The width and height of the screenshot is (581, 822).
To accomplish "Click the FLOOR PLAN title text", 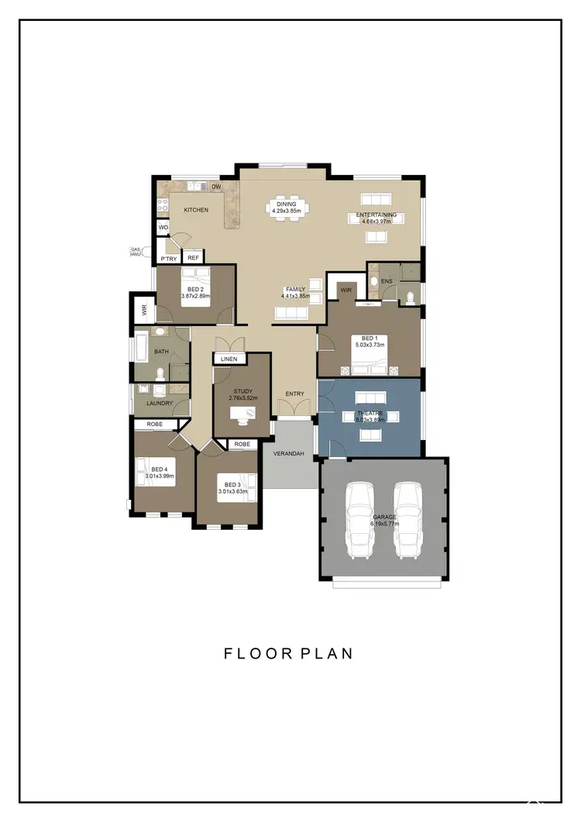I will (x=289, y=653).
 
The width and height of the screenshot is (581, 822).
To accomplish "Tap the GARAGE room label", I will (x=384, y=517).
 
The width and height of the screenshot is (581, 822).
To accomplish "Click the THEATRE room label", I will (x=370, y=414).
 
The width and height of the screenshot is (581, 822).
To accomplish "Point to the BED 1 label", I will (x=370, y=338).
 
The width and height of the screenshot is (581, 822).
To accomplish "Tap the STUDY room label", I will (x=242, y=391).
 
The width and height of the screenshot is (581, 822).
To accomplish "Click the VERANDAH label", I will (x=288, y=453).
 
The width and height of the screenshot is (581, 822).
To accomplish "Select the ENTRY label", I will (x=294, y=394).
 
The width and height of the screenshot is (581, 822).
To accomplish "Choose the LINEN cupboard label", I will (x=229, y=359).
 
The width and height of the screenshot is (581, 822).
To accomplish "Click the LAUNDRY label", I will (x=160, y=403).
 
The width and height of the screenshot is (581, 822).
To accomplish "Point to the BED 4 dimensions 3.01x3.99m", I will (x=160, y=476).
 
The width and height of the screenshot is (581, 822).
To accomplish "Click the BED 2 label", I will (x=196, y=288).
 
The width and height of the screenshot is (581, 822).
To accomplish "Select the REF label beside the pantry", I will (x=194, y=258).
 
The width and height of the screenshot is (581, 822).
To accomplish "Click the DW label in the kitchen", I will (x=216, y=187).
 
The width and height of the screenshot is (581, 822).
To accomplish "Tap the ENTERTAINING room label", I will (x=376, y=215).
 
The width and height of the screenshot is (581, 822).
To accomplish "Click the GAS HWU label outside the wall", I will (x=136, y=251).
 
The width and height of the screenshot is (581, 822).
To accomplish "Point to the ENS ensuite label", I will (x=386, y=280).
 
